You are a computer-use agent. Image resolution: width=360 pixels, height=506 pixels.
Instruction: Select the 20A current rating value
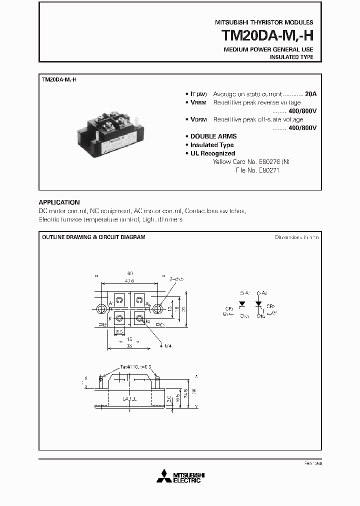pyautogui.click(x=310, y=94)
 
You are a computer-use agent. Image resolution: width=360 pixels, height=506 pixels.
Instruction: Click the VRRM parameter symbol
pyautogui.click(x=198, y=103)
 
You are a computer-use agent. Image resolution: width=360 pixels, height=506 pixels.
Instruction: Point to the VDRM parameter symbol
pyautogui.click(x=198, y=120)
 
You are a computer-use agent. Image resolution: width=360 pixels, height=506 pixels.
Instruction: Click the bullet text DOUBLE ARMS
pyautogui.click(x=213, y=136)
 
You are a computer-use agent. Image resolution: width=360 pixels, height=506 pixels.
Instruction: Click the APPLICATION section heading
pyautogui.click(x=59, y=202)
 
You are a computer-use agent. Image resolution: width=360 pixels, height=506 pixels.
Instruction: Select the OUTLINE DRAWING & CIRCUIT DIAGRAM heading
pyautogui.click(x=93, y=237)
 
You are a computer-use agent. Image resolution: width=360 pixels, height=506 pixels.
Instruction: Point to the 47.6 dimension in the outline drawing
pyautogui.click(x=129, y=281)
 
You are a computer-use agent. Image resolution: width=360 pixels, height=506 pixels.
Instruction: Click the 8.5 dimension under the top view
pyautogui.click(x=119, y=331)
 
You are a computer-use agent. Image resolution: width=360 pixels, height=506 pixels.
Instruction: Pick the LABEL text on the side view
pyautogui.click(x=129, y=398)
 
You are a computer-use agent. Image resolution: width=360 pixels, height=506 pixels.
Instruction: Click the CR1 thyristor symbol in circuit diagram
pyautogui.click(x=241, y=304)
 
